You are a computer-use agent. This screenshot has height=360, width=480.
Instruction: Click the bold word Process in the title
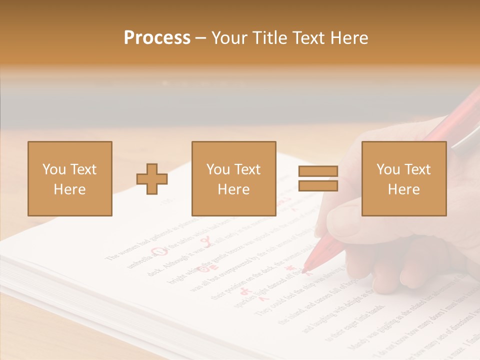(157, 37)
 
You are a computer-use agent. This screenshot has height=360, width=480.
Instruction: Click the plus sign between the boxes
(152, 179)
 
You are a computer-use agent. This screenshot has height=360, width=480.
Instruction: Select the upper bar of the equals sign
(318, 171)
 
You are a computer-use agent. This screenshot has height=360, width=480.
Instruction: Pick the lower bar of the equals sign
(318, 185)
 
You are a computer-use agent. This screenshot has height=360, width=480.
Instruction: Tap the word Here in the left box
(69, 189)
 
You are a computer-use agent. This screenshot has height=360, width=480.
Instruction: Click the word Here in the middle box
(233, 189)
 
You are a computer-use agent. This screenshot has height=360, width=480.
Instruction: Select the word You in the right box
(388, 169)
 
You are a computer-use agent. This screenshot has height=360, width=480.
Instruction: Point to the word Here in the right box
(403, 189)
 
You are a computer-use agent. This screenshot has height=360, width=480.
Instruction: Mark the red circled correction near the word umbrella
(159, 251)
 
